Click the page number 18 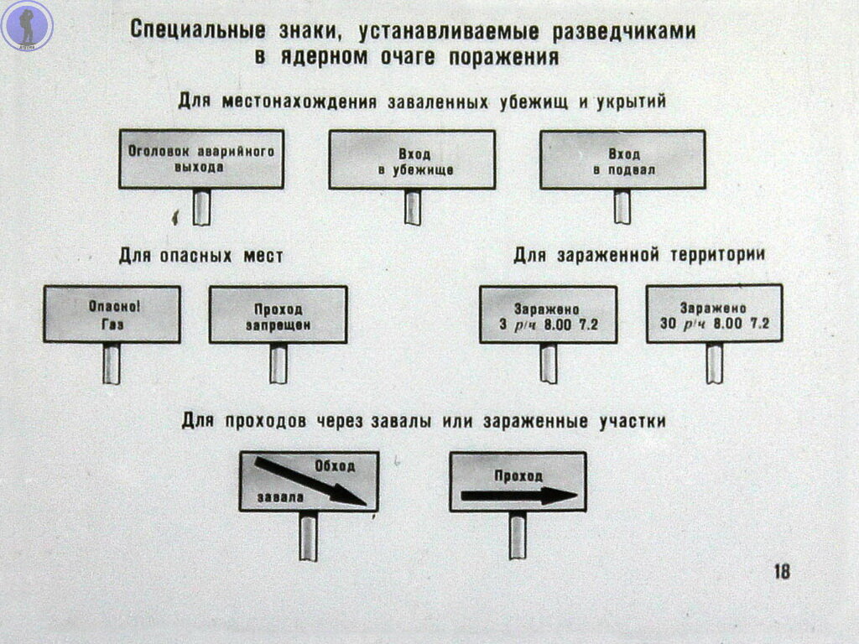tap(782, 571)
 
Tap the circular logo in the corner tap(27, 26)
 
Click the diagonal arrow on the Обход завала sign tap(310, 481)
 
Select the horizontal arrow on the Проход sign tap(518, 496)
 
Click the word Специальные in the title tap(198, 29)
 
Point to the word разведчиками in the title tap(623, 32)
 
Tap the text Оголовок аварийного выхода tap(201, 158)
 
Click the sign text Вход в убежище tap(415, 162)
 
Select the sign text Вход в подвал tap(624, 162)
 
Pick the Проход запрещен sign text tap(279, 317)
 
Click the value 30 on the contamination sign tap(668, 324)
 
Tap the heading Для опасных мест tap(201, 256)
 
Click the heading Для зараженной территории tap(638, 255)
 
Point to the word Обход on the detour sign tap(335, 466)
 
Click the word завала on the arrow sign tap(280, 497)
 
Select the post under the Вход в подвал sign tap(622, 206)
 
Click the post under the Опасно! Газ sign tap(112, 364)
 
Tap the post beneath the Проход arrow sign tap(518, 536)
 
